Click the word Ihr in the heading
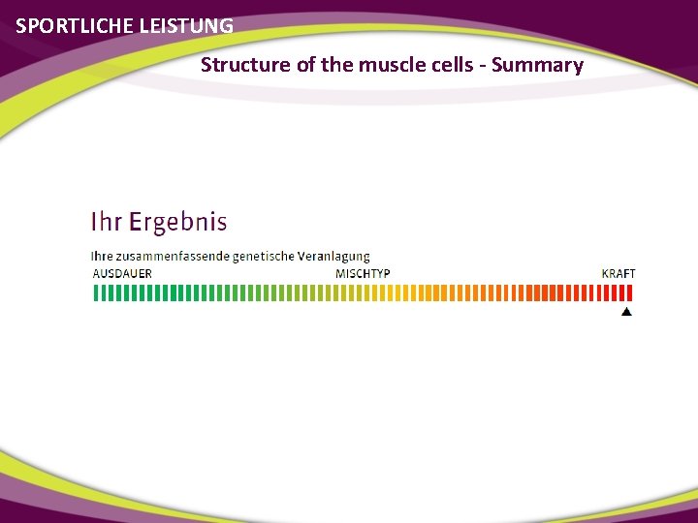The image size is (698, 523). (106, 222)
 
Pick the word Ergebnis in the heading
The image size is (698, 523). (177, 222)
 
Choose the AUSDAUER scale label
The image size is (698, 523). (122, 273)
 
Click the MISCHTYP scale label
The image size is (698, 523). (363, 273)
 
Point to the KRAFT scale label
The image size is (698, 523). (619, 273)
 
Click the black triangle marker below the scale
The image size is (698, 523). (626, 312)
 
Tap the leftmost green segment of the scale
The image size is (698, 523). (95, 292)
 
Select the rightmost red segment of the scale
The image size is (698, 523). (632, 292)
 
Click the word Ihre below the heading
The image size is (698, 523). (102, 257)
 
